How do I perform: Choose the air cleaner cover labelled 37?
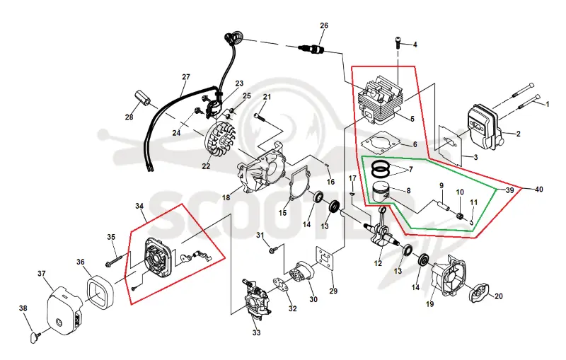coord(65,310)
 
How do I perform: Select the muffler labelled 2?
coord(485,127)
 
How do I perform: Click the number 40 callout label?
coord(538,190)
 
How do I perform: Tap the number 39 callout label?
coord(509,190)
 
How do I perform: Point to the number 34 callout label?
coord(139,206)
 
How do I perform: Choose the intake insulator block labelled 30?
coord(304,273)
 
